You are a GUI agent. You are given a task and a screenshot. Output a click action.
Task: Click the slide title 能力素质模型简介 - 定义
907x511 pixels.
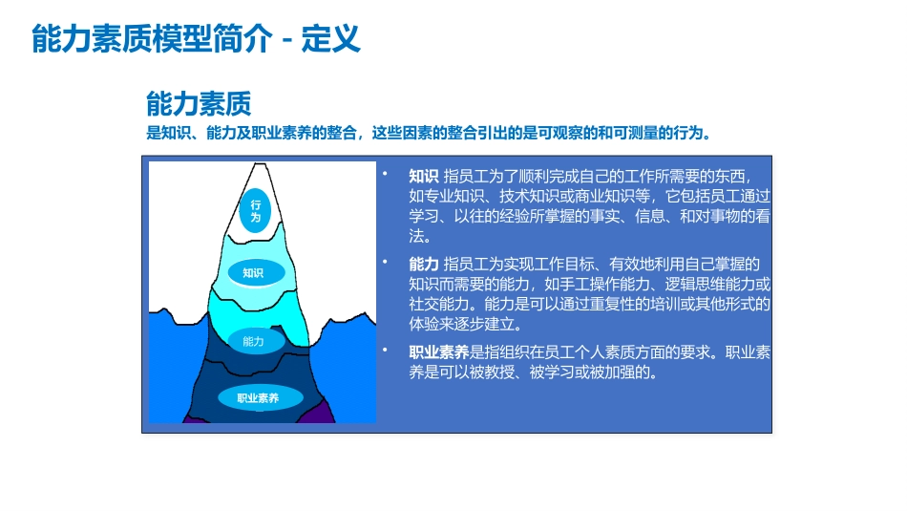[x=196, y=39]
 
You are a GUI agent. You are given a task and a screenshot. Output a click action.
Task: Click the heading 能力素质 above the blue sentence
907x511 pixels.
[x=199, y=103]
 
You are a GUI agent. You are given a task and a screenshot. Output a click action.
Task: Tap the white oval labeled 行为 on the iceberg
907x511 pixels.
[x=256, y=211]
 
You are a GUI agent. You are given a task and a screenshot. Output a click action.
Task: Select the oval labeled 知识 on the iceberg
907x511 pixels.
[x=253, y=273]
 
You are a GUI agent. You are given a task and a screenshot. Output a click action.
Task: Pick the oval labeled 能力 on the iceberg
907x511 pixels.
[x=253, y=341]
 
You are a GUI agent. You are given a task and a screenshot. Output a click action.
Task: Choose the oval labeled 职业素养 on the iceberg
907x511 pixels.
[x=258, y=398]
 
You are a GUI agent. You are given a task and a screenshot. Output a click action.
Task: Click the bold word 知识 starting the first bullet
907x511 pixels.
[x=424, y=177]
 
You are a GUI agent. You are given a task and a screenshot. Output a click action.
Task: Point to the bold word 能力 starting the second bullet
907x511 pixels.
[x=424, y=264]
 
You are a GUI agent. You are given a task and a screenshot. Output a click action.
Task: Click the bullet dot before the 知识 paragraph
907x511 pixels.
[x=387, y=175]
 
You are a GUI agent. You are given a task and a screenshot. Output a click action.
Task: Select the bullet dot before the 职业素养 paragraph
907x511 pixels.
[x=387, y=350]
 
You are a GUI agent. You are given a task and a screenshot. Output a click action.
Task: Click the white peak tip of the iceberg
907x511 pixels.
[x=254, y=172]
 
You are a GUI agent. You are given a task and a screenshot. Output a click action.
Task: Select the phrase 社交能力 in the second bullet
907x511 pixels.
[x=439, y=304]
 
